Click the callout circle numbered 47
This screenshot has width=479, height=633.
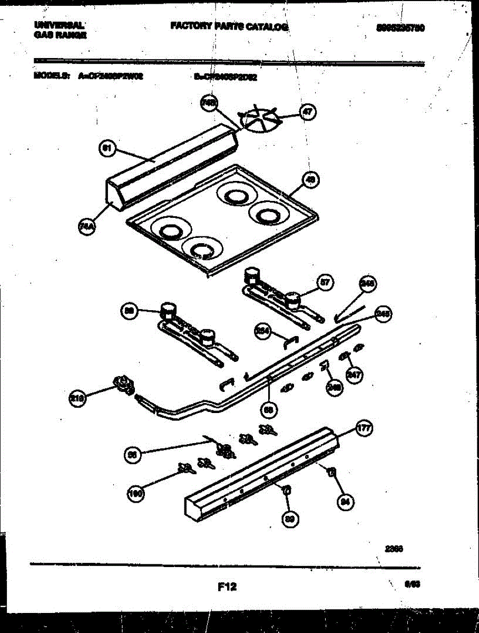[307, 112]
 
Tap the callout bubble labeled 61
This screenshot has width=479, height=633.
[107, 149]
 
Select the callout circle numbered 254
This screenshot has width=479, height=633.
[262, 331]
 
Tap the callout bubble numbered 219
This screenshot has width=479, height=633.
[78, 399]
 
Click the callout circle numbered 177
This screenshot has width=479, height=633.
[364, 428]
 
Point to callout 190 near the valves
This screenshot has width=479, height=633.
[136, 494]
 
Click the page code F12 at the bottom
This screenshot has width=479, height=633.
[227, 586]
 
